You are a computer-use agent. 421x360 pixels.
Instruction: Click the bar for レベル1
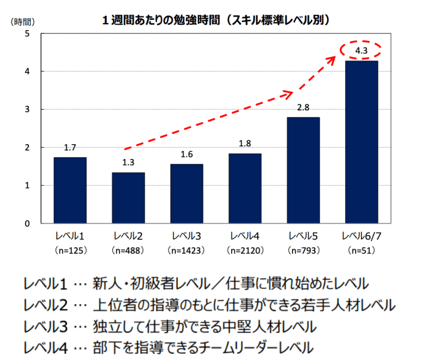pos(70,190)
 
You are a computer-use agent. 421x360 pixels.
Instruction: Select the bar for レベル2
pos(128,198)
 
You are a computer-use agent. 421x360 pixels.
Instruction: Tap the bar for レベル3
pos(186,194)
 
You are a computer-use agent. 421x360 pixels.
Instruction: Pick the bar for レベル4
pos(245,188)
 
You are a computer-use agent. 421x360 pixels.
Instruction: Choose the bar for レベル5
pos(303,170)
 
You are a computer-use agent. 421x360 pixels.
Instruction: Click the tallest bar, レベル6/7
pos(361,142)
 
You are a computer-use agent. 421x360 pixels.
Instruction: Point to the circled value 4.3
pos(360,51)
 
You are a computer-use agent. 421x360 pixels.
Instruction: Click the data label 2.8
pos(303,107)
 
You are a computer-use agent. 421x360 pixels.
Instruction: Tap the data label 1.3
pos(128,163)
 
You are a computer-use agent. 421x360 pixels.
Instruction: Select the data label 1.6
pos(186,154)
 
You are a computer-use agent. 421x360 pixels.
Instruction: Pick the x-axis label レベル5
pos(303,236)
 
